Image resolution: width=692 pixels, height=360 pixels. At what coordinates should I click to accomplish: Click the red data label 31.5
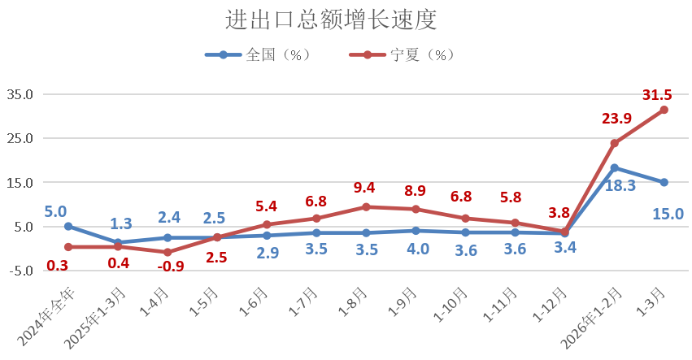[x=657, y=95]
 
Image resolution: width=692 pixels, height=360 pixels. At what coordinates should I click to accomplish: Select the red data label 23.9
[x=616, y=119]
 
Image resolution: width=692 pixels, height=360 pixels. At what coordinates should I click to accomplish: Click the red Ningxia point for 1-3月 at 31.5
[x=664, y=110]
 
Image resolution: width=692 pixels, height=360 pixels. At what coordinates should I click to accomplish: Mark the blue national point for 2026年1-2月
[x=614, y=168]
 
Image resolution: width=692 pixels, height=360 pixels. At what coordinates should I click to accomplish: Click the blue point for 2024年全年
[x=68, y=227]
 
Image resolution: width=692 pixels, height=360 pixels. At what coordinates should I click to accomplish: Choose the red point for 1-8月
[x=366, y=207]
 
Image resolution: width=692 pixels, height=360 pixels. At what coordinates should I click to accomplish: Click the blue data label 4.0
[x=417, y=249]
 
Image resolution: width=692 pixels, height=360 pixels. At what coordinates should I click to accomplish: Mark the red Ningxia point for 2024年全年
[x=68, y=247]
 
